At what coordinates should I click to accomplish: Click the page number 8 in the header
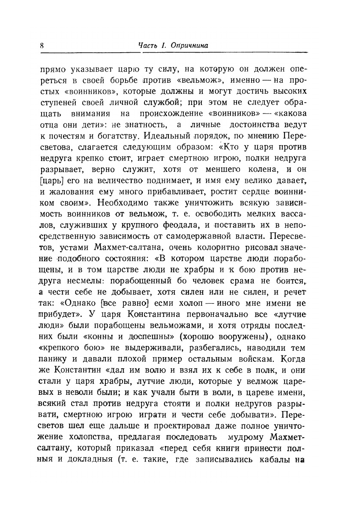[42, 45]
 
